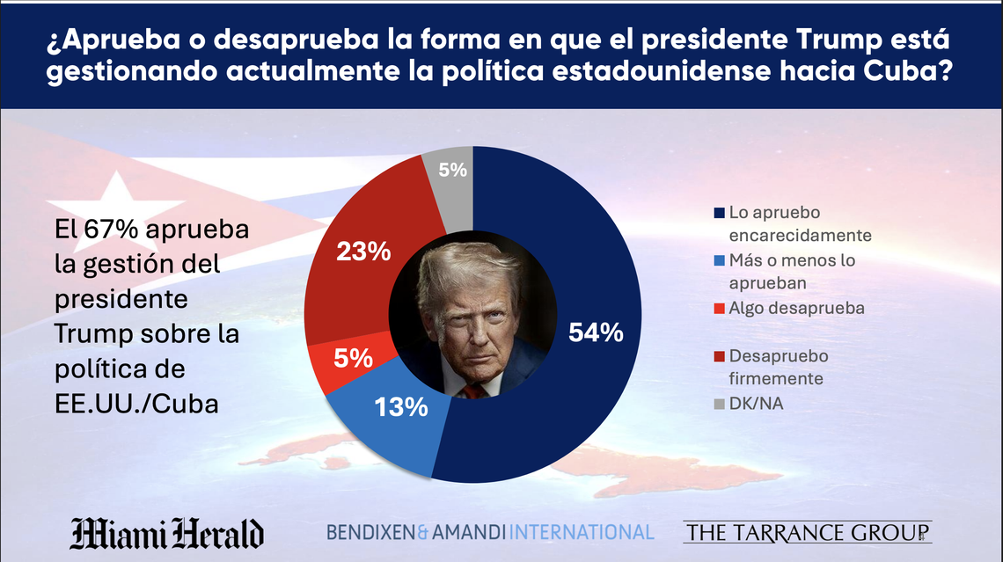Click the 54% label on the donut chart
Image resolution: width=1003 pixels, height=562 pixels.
(597, 332)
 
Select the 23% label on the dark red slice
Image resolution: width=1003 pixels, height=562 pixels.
(364, 252)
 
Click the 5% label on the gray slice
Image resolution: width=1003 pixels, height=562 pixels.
(452, 171)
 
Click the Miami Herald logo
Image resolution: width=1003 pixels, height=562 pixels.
(167, 533)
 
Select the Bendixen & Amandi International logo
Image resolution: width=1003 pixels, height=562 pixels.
(490, 532)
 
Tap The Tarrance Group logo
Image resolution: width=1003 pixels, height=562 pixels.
(807, 532)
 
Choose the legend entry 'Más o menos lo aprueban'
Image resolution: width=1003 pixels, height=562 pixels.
(791, 272)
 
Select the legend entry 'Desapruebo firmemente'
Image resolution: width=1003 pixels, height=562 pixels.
(779, 367)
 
